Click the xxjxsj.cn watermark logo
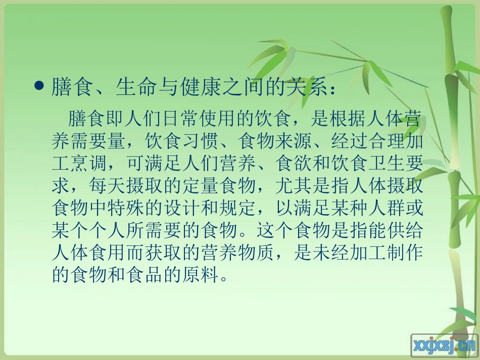point(445,344)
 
